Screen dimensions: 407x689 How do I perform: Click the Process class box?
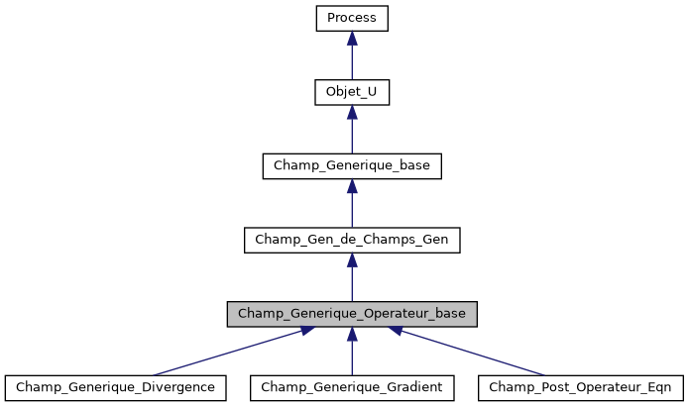point(352,18)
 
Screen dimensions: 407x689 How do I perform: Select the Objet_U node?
point(352,92)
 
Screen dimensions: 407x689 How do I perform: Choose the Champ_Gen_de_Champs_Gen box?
point(352,239)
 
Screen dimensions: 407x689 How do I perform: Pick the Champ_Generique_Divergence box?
point(115,386)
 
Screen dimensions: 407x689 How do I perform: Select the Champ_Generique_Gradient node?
point(352,386)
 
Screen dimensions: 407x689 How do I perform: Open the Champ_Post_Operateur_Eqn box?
point(580,386)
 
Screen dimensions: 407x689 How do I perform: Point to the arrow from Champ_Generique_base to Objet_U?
point(352,133)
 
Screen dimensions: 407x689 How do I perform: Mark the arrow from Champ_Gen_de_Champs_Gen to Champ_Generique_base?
point(352,206)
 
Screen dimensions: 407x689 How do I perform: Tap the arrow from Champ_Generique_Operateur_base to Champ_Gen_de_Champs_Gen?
point(352,280)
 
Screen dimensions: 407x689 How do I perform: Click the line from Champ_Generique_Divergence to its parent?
point(228,352)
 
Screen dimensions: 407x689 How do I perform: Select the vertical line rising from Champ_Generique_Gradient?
point(352,356)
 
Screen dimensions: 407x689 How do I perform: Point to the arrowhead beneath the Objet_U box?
point(352,113)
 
